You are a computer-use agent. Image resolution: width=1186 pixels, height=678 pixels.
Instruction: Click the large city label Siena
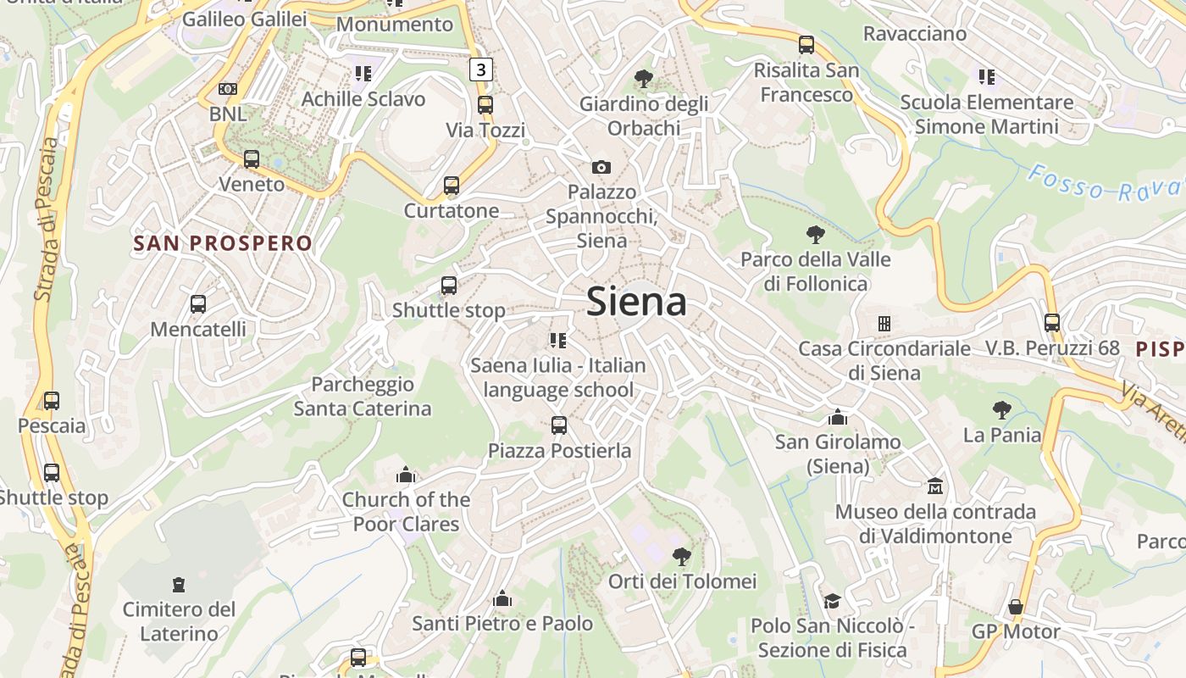click(636, 302)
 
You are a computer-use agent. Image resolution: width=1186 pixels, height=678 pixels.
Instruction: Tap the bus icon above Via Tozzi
click(485, 105)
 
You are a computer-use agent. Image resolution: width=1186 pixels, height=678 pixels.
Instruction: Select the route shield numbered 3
click(481, 69)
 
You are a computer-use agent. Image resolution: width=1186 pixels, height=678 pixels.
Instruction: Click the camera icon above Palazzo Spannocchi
click(601, 167)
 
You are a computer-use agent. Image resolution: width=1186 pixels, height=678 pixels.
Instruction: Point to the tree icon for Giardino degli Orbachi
click(644, 79)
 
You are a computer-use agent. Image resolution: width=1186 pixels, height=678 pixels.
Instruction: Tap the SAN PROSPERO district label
click(223, 244)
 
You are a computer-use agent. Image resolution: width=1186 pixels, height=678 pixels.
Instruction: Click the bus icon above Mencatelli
click(198, 303)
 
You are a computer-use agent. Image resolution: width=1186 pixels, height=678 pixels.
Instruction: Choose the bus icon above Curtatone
click(452, 186)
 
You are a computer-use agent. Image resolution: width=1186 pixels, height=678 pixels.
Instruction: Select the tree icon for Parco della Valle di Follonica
click(816, 234)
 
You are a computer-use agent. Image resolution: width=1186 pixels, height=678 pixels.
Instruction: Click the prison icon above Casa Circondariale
click(884, 323)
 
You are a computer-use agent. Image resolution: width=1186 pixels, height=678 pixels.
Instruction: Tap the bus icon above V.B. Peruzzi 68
click(1052, 322)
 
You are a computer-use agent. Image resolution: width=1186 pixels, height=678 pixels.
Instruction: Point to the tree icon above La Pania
click(1002, 410)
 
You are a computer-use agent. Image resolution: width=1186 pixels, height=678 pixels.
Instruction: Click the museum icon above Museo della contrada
click(935, 486)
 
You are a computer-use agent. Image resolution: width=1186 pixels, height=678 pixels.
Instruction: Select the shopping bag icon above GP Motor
click(1016, 607)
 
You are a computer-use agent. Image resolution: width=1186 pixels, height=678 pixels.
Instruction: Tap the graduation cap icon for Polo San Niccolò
click(832, 601)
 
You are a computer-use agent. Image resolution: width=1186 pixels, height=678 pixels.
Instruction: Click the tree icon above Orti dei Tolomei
click(681, 556)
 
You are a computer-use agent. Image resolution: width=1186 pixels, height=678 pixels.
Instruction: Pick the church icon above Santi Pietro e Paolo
click(502, 598)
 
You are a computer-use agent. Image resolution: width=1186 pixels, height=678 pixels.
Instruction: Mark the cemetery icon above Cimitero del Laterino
click(179, 584)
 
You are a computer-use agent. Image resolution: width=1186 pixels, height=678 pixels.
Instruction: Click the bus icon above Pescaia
click(52, 400)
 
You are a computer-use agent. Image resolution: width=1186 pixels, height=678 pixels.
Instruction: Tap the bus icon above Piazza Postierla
click(559, 425)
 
